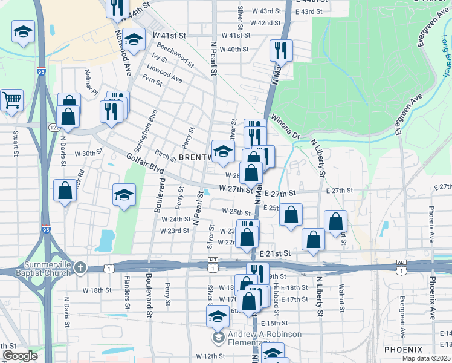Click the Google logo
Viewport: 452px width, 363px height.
pyautogui.click(x=20, y=356)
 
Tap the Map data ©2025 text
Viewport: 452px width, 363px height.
pyautogui.click(x=426, y=358)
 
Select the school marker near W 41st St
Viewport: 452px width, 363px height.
pyautogui.click(x=134, y=38)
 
